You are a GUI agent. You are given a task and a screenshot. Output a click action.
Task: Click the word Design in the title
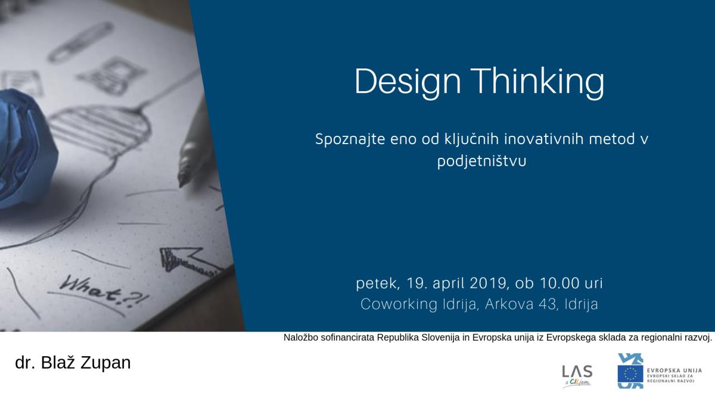tap(408, 82)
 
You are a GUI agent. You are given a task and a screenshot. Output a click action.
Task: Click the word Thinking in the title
tap(537, 82)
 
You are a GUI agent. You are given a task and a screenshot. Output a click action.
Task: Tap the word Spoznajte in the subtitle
tap(350, 140)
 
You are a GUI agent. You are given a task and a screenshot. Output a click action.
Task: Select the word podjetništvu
tap(481, 161)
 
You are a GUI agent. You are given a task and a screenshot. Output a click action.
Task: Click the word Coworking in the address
tap(399, 304)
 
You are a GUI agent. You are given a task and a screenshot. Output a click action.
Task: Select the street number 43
tap(549, 304)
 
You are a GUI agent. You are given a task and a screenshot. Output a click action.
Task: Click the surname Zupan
tap(105, 363)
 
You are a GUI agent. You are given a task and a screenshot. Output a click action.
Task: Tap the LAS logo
tap(577, 376)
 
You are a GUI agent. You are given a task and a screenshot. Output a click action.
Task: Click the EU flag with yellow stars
tap(630, 373)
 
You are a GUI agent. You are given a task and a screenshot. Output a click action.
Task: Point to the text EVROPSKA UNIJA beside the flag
tap(674, 370)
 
